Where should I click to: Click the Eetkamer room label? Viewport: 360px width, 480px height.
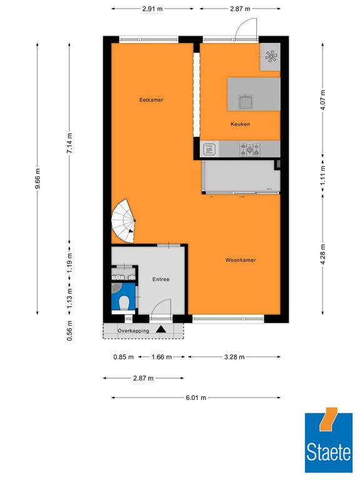151,100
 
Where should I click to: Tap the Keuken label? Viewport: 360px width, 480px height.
240,124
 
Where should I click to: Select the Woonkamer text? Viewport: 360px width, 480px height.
241,260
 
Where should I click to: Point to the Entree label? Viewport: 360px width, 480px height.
161,279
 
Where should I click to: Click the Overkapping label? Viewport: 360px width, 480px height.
134,331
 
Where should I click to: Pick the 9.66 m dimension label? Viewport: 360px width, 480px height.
37,179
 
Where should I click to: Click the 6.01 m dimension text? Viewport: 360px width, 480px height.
196,397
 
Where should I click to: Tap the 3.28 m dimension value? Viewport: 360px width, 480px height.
234,357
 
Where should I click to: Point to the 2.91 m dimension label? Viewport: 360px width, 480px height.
152,9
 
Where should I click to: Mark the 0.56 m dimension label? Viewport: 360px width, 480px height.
70,331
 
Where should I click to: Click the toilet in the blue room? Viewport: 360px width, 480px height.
124,302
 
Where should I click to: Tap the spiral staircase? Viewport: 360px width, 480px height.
123,221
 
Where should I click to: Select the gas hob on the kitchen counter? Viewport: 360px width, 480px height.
250,149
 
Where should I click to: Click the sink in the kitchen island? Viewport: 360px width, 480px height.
246,102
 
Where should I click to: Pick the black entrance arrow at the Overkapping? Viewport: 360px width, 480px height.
161,329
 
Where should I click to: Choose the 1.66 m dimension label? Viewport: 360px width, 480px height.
161,357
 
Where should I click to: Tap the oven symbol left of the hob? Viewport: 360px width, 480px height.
210,149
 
